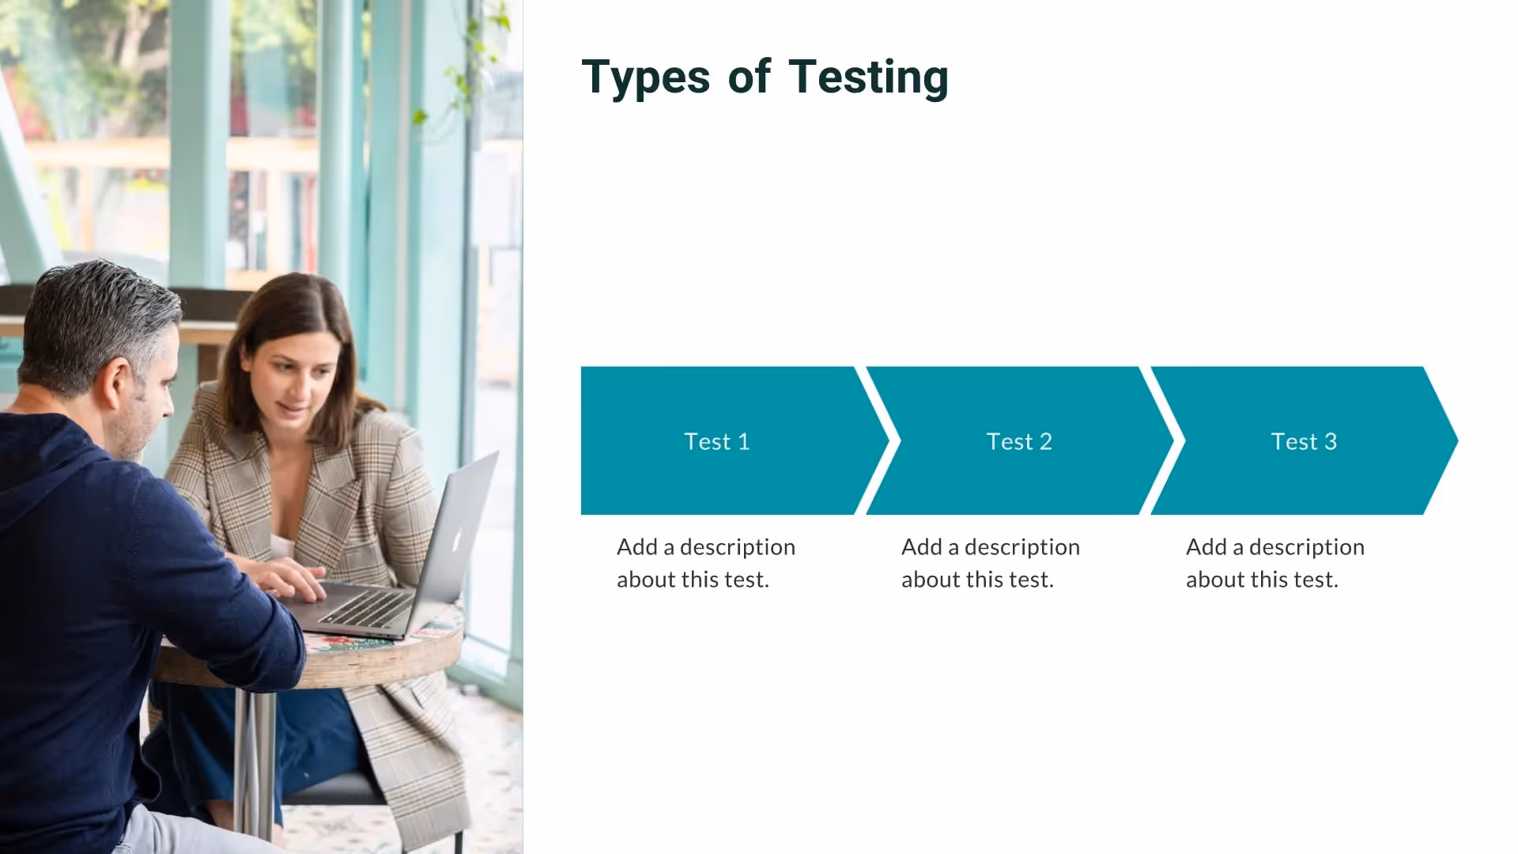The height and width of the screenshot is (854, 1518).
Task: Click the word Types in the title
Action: point(646,77)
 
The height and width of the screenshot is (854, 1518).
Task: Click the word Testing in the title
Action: point(868,77)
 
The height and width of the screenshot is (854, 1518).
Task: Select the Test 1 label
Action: point(716,441)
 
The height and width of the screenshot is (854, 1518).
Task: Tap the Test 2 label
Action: point(1019,441)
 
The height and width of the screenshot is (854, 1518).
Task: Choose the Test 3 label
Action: point(1304,441)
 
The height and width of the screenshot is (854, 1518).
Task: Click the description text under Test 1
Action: point(705,563)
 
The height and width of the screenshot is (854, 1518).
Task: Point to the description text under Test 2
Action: point(990,563)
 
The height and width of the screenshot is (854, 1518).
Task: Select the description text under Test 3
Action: point(1274,563)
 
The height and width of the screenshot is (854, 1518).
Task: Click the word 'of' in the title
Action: point(749,77)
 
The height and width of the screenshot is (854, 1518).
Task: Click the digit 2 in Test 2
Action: point(1046,441)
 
